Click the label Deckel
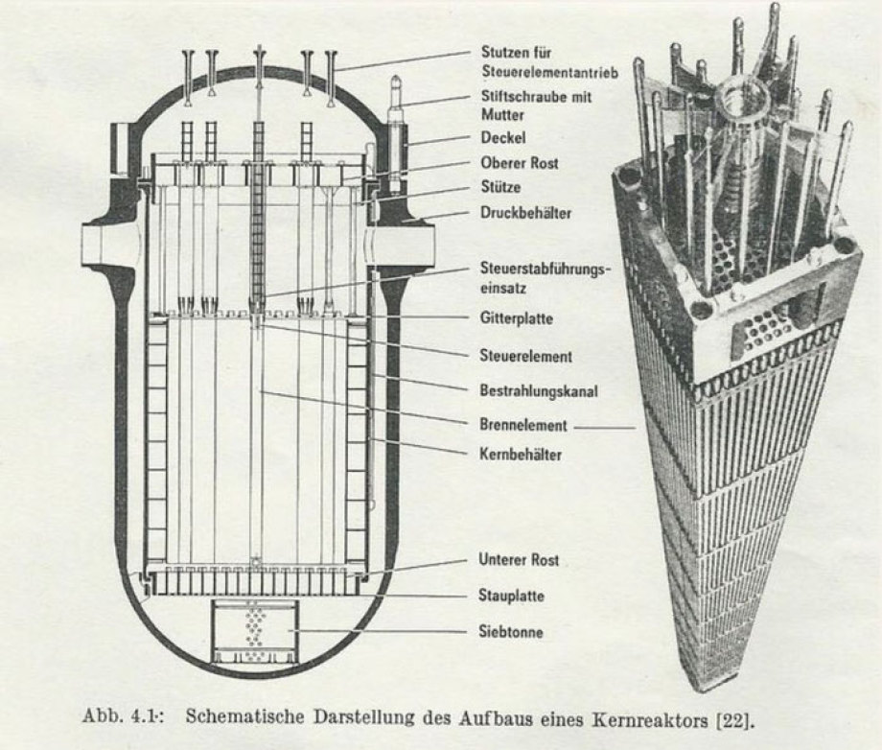point(502,138)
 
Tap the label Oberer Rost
point(520,163)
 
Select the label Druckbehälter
point(525,213)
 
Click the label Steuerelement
point(525,357)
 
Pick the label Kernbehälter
point(520,454)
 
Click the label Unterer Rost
point(518,560)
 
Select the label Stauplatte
point(511,596)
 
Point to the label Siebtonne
point(512,631)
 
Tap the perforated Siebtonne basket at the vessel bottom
point(257,629)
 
